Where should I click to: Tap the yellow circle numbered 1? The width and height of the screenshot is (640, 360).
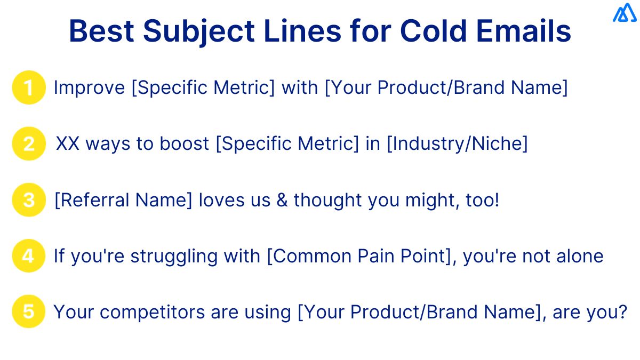(29, 87)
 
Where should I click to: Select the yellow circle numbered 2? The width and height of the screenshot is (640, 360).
(29, 144)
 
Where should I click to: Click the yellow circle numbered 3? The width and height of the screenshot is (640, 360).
(29, 201)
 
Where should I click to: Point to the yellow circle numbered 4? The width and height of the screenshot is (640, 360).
(29, 257)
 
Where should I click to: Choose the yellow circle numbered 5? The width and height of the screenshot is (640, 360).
(29, 312)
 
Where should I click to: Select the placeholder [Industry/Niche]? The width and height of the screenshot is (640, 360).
(457, 144)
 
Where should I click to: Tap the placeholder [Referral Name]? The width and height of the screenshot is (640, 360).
(124, 201)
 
